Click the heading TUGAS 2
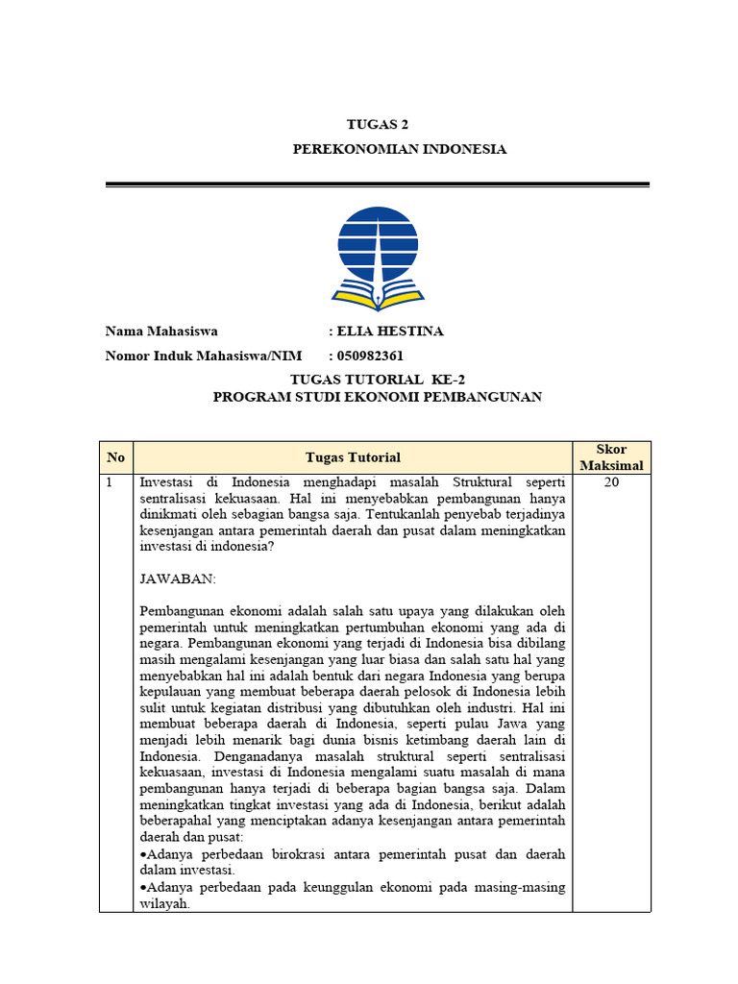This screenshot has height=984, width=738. coord(370,125)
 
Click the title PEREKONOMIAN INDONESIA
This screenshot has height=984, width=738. coord(399,150)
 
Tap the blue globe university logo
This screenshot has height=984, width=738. coord(377,242)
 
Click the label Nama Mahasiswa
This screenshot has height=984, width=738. coord(161,332)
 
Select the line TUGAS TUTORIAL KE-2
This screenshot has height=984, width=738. coord(377,380)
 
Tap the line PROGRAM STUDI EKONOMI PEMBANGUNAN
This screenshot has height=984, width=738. coord(377,397)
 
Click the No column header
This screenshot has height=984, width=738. coord(116,457)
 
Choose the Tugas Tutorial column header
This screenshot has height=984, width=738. coord(353,457)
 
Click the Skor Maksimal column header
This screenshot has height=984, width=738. coord(611,457)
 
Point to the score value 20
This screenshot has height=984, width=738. coord(611,482)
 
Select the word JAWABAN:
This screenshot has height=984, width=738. coord(178,579)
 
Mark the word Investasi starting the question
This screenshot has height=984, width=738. coord(171,482)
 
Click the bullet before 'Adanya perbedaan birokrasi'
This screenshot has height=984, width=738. coord(143,854)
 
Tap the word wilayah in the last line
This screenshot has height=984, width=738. coord(165,903)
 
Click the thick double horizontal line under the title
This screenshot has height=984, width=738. coord(377,184)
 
